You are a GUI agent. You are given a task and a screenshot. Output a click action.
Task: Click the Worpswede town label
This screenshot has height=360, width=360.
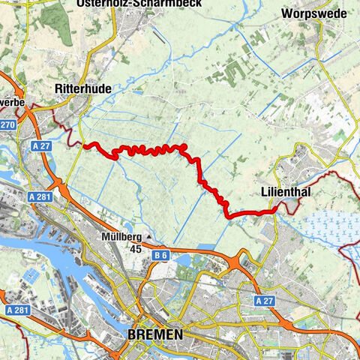coord(310,13)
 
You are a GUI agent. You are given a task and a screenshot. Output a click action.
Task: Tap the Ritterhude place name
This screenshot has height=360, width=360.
coord(83,88)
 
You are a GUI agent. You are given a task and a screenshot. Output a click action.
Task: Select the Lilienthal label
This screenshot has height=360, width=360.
coord(286,193)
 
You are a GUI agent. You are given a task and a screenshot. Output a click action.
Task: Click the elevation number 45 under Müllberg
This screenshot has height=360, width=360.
coord(136,249)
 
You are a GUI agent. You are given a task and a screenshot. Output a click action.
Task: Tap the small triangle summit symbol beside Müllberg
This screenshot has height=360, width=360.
coord(148,238)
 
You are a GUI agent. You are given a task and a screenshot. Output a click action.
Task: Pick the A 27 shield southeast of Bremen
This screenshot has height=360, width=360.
coord(262,301)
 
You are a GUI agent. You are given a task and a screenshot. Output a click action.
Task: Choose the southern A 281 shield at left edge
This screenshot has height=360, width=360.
coord(14,310)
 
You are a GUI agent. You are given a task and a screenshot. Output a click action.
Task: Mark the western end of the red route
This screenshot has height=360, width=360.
coord(84,145)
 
